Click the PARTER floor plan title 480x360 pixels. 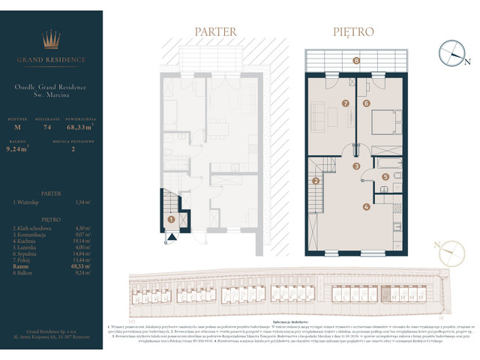[x=216, y=31]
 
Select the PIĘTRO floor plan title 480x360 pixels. [x=353, y=31]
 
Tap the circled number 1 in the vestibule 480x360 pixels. [x=172, y=220]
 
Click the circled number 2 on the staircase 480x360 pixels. [x=316, y=181]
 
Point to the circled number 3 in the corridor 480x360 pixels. [x=357, y=166]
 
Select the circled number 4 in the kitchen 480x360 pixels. [x=366, y=207]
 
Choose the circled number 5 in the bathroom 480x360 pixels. [x=385, y=177]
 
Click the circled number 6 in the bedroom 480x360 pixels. [x=367, y=103]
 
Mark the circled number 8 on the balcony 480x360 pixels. [x=356, y=60]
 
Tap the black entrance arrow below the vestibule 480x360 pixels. [x=172, y=237]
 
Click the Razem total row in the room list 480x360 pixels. [x=52, y=265]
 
